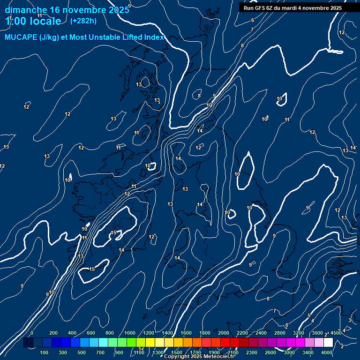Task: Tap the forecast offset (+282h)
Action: point(83,21)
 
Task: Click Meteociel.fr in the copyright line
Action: point(222,357)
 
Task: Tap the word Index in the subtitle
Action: point(154,37)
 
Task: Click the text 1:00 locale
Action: point(33,21)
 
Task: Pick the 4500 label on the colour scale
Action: point(336,333)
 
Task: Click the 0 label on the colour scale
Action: point(32,333)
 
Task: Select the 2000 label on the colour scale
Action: point(224,333)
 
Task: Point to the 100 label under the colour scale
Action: point(45,352)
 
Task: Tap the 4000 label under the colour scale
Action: point(327,352)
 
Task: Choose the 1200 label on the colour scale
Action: point(149,333)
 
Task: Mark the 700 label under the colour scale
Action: point(101,352)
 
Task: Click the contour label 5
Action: point(309,315)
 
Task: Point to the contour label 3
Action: point(350,320)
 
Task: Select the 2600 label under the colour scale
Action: point(270,352)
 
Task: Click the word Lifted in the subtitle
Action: point(130,37)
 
